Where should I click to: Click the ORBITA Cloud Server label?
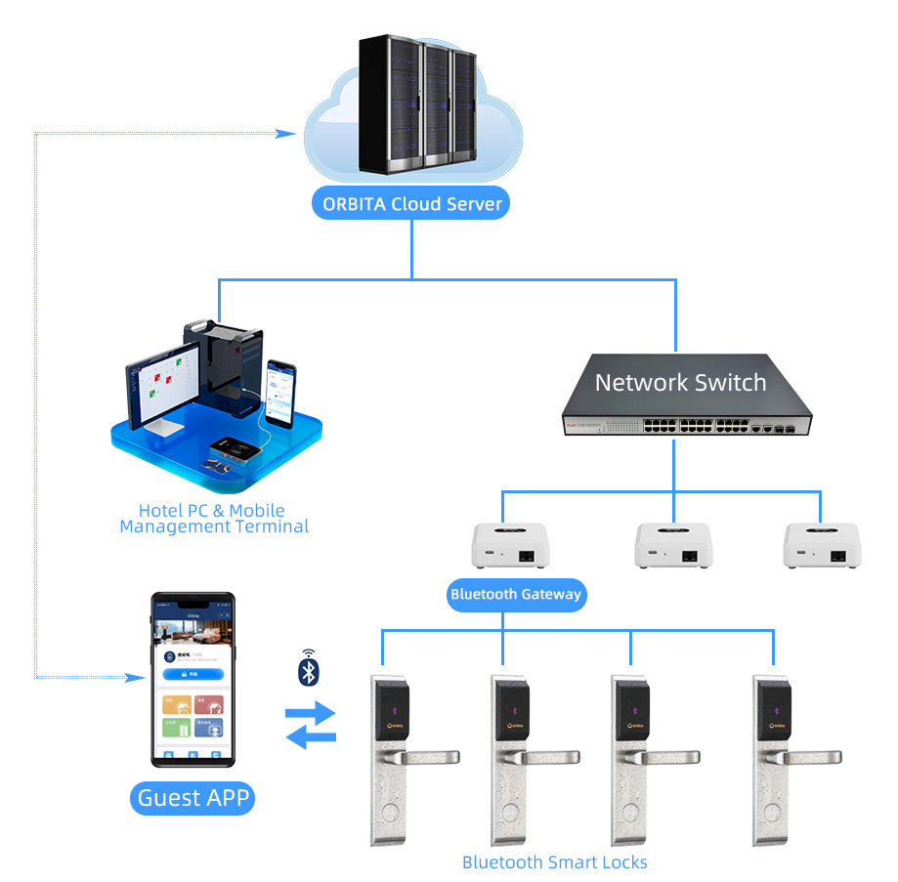411,203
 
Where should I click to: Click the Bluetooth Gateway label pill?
516,594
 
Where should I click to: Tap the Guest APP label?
193,798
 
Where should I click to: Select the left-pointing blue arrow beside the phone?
311,738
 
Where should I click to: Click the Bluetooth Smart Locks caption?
554,861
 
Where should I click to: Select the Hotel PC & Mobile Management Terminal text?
213,519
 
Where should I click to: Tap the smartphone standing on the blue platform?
280,393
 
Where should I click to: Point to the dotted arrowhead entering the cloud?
287,133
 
